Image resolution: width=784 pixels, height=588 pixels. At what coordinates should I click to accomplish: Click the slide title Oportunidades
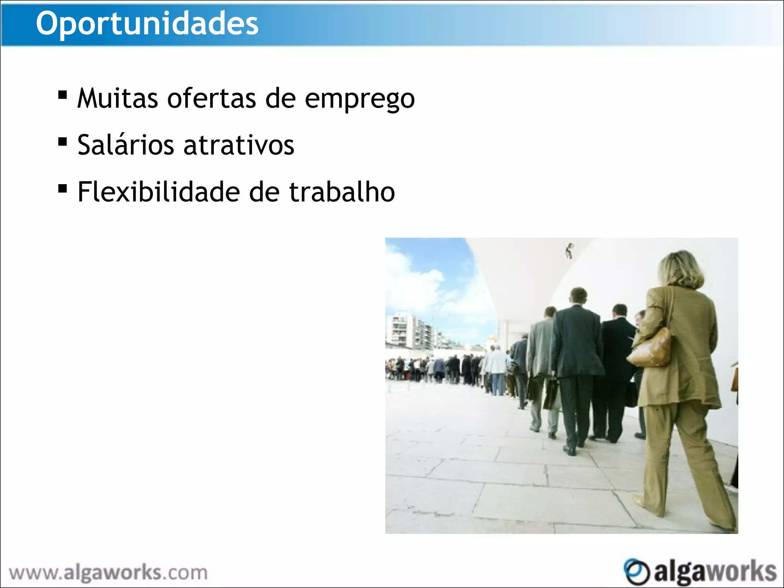[x=147, y=24]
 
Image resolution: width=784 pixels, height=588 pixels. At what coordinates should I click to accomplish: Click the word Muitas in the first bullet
[x=118, y=98]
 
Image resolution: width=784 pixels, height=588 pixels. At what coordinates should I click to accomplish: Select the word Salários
[x=126, y=145]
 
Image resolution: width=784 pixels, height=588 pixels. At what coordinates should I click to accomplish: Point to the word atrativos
[x=239, y=145]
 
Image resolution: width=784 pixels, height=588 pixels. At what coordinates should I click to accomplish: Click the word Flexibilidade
[x=159, y=192]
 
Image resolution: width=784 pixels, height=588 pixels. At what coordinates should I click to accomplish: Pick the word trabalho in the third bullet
[x=342, y=192]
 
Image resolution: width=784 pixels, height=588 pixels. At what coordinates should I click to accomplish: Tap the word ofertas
[x=211, y=98]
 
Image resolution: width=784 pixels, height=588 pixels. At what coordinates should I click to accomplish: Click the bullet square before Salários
[x=62, y=142]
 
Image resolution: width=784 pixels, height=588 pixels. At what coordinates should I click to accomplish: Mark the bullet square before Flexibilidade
[x=62, y=188]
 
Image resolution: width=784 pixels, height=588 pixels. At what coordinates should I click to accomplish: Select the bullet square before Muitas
[x=62, y=95]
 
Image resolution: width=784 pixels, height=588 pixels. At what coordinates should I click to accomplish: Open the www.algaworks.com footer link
[x=108, y=573]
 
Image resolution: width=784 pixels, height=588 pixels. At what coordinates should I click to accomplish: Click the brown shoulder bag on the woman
[x=650, y=349]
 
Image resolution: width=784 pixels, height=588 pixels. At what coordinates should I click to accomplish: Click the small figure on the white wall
[x=570, y=251]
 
